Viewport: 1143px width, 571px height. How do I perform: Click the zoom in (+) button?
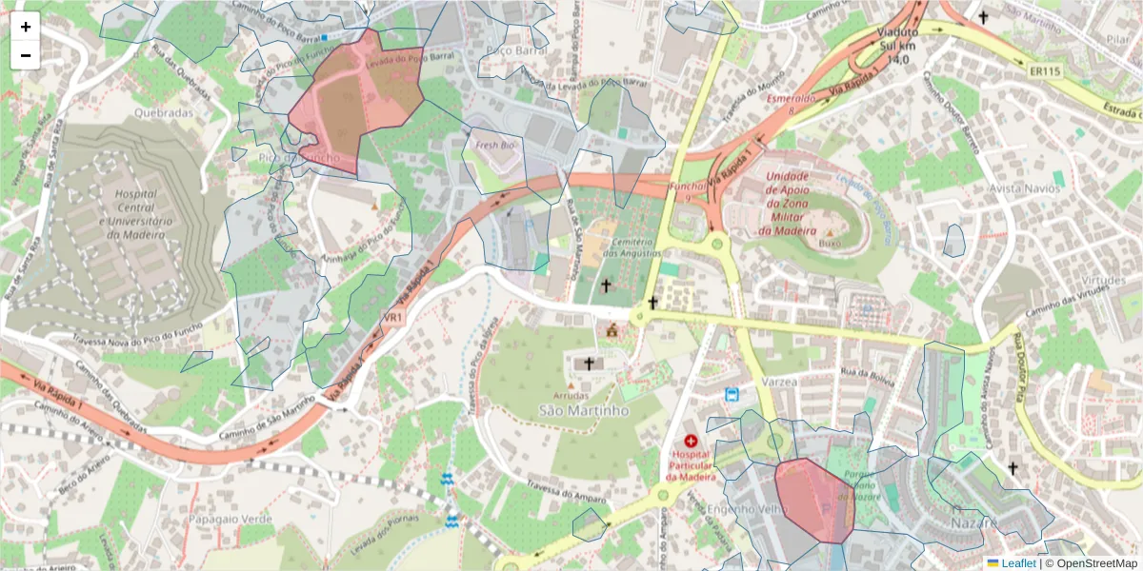coord(26,27)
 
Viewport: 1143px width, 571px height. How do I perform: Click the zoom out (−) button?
coord(26,55)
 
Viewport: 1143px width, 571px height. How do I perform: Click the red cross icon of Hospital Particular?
coord(691,442)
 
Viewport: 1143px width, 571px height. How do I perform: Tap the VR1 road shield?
coord(393,317)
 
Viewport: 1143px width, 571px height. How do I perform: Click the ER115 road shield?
coord(1045,71)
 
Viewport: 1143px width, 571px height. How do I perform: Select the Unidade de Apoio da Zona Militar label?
coord(787,204)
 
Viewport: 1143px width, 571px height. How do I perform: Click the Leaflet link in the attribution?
coord(1017,563)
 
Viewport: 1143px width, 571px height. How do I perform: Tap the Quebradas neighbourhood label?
coord(163,112)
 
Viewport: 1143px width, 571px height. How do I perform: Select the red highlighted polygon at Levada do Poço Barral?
coord(357,100)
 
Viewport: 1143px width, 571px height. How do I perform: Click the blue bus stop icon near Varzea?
coord(732,395)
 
